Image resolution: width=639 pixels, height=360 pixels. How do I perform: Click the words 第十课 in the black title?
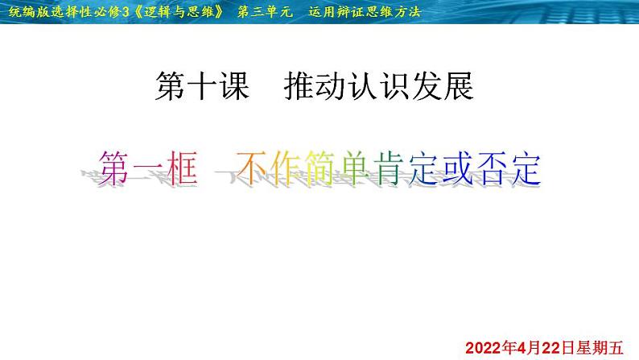pyautogui.click(x=202, y=86)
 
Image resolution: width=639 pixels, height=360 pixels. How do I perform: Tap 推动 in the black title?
pyautogui.click(x=315, y=86)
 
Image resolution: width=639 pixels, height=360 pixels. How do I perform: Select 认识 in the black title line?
pyautogui.click(x=379, y=86)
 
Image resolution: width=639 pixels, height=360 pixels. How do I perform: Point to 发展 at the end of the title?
pyautogui.click(x=443, y=86)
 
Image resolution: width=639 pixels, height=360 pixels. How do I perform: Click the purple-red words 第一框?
pyautogui.click(x=148, y=168)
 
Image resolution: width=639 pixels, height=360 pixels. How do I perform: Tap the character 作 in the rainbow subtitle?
pyautogui.click(x=287, y=168)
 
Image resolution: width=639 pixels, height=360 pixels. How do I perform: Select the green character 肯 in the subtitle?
pyautogui.click(x=390, y=168)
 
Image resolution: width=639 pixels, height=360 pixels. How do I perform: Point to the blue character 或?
pyautogui.click(x=457, y=168)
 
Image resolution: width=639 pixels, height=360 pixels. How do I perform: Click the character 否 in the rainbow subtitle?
pyautogui.click(x=491, y=168)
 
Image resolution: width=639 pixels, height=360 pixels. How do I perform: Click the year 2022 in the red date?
pyautogui.click(x=484, y=348)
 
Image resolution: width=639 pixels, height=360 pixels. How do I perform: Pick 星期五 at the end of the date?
pyautogui.click(x=599, y=348)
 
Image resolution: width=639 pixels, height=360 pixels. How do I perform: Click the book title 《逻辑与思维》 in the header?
pyautogui.click(x=179, y=11)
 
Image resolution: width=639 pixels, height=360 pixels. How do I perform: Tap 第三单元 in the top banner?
pyautogui.click(x=265, y=11)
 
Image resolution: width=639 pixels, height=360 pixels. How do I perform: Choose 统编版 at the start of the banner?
pyautogui.click(x=28, y=11)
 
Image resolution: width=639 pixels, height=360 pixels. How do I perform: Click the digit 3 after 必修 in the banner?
pyautogui.click(x=126, y=12)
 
